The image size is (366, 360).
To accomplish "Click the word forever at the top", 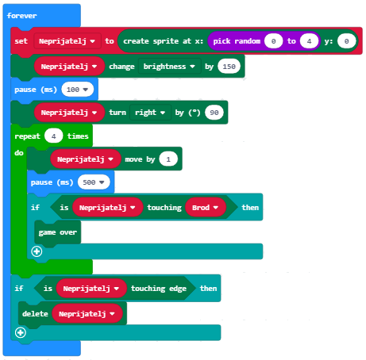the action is [x=21, y=16].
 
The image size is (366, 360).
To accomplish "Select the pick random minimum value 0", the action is [x=273, y=41].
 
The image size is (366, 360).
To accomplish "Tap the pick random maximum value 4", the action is [x=309, y=41].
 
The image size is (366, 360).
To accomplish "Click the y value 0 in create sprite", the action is [x=346, y=41].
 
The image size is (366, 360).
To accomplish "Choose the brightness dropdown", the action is [x=169, y=67].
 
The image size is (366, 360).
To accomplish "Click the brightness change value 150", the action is [x=229, y=67].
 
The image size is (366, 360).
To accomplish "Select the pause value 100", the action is [x=78, y=90].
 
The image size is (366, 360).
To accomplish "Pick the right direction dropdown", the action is [x=150, y=113].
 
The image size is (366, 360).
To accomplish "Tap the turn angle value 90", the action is [x=214, y=113].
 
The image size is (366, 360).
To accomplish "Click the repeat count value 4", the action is [x=54, y=136].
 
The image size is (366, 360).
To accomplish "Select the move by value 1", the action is [x=168, y=159].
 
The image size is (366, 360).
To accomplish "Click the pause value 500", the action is [x=94, y=182].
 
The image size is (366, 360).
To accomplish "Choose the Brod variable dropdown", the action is [x=206, y=208].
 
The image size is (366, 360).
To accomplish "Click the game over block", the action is [x=58, y=232].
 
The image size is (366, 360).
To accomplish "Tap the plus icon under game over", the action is [x=37, y=251].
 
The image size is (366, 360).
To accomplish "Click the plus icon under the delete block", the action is [x=21, y=332].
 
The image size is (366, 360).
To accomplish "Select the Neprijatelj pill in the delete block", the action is [x=87, y=314].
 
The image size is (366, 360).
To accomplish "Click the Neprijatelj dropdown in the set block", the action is [x=67, y=41].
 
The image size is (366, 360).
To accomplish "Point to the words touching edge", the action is [x=159, y=289].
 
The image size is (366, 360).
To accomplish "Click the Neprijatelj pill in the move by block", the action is [x=86, y=159].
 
